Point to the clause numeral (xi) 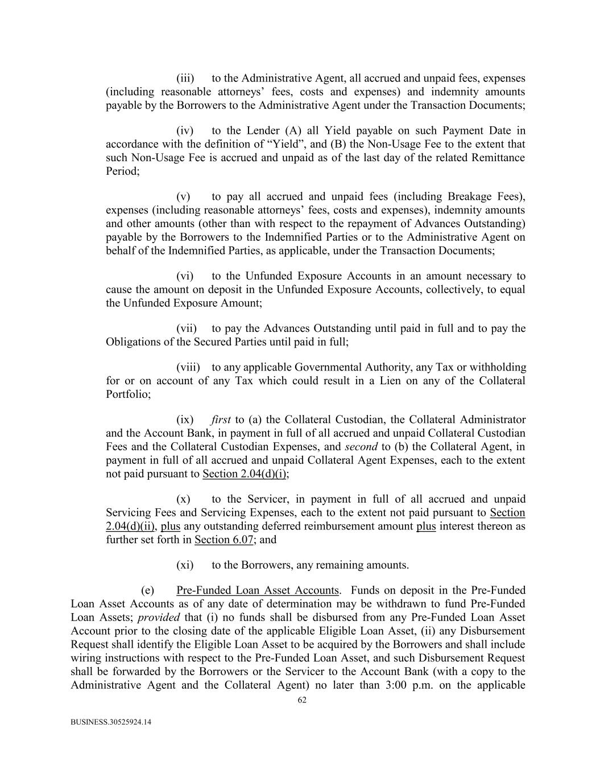[185, 565]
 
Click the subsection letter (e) [148, 590]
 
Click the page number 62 [302, 701]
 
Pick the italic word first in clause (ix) [221, 420]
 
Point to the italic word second [361, 447]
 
